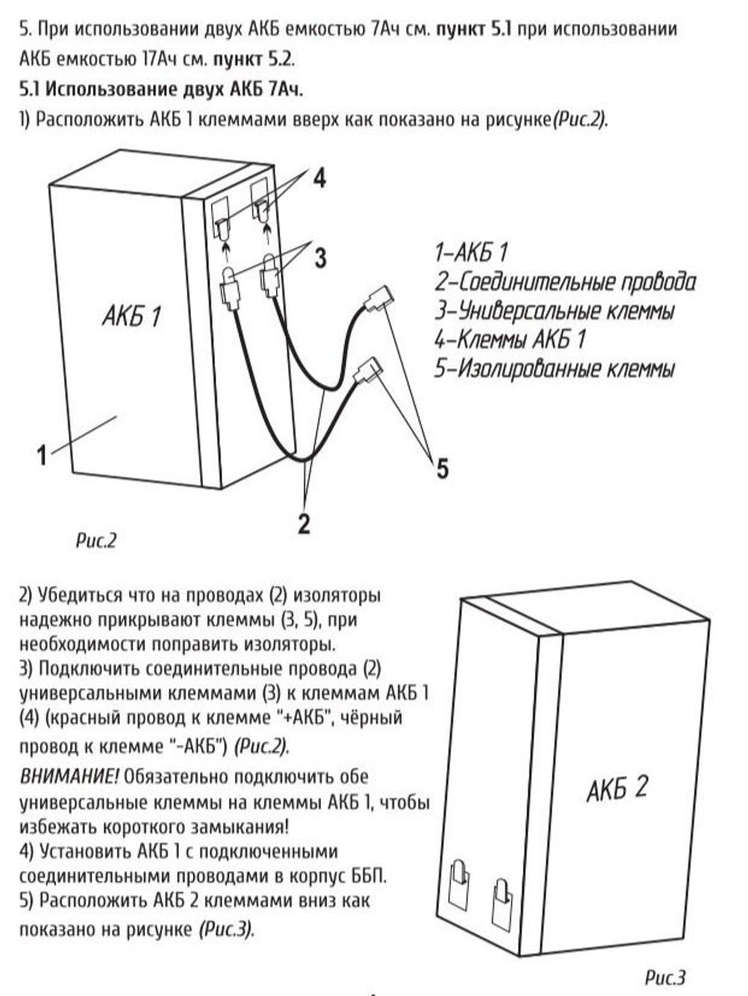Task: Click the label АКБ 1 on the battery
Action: click(x=132, y=316)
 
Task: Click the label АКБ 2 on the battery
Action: click(x=617, y=788)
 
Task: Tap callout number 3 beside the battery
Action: click(x=320, y=258)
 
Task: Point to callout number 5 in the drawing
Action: click(x=443, y=468)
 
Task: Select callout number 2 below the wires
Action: click(x=304, y=523)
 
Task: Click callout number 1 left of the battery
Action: click(x=42, y=454)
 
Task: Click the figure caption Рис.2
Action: click(x=96, y=540)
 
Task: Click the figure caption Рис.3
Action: click(x=665, y=977)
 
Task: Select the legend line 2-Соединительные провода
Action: click(x=565, y=282)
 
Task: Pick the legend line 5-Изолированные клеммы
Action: click(x=554, y=368)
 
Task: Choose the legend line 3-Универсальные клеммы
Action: click(x=554, y=311)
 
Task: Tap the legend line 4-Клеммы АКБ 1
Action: click(x=509, y=340)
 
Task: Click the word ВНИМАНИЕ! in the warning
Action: click(x=69, y=776)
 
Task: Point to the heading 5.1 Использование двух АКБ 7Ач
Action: click(x=161, y=89)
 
